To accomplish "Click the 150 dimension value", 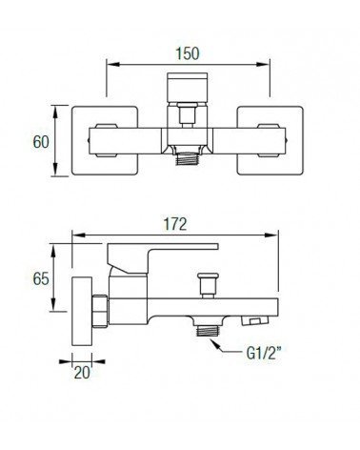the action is [188, 53].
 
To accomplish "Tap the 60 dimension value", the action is [41, 142].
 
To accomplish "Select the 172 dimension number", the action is [175, 224].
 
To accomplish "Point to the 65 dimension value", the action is [41, 279].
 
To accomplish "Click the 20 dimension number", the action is [82, 373].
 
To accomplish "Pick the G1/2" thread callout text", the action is [264, 353].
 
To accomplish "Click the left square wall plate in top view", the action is [105, 140].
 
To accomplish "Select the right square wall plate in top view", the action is [270, 140].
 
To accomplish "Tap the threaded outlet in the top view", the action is [187, 159].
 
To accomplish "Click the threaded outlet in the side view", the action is [208, 331].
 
